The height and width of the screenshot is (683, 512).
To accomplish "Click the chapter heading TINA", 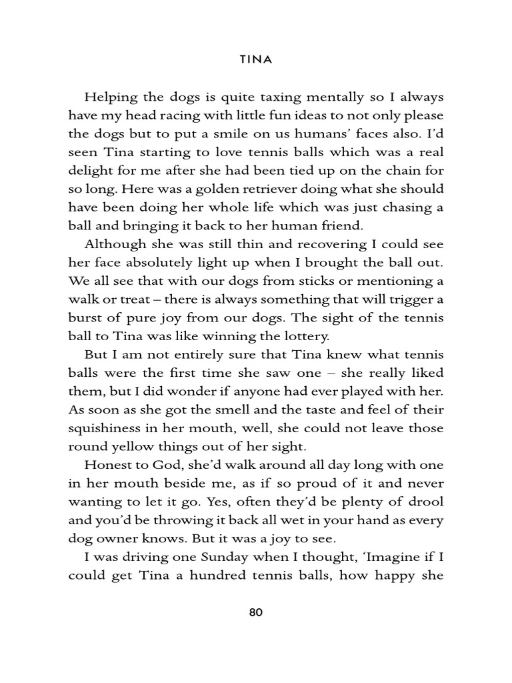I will pos(256,59).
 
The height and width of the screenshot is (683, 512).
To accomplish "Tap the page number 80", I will pos(256,612).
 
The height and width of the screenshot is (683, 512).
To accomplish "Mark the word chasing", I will pos(406,206).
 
